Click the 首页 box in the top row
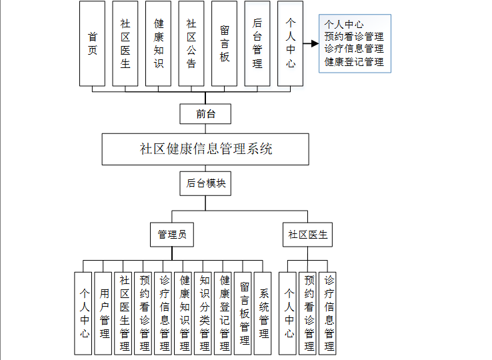(92, 43)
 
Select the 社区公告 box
(191, 43)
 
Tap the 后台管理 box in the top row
(257, 43)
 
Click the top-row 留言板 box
(225, 43)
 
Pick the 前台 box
(205, 113)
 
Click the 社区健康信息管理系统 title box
(205, 149)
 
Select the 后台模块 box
(205, 184)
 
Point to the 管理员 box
(171, 235)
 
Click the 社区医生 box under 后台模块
(308, 235)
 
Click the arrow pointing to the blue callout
(309, 44)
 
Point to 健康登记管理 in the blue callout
(354, 62)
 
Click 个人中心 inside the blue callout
(344, 25)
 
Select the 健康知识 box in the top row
(159, 43)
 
